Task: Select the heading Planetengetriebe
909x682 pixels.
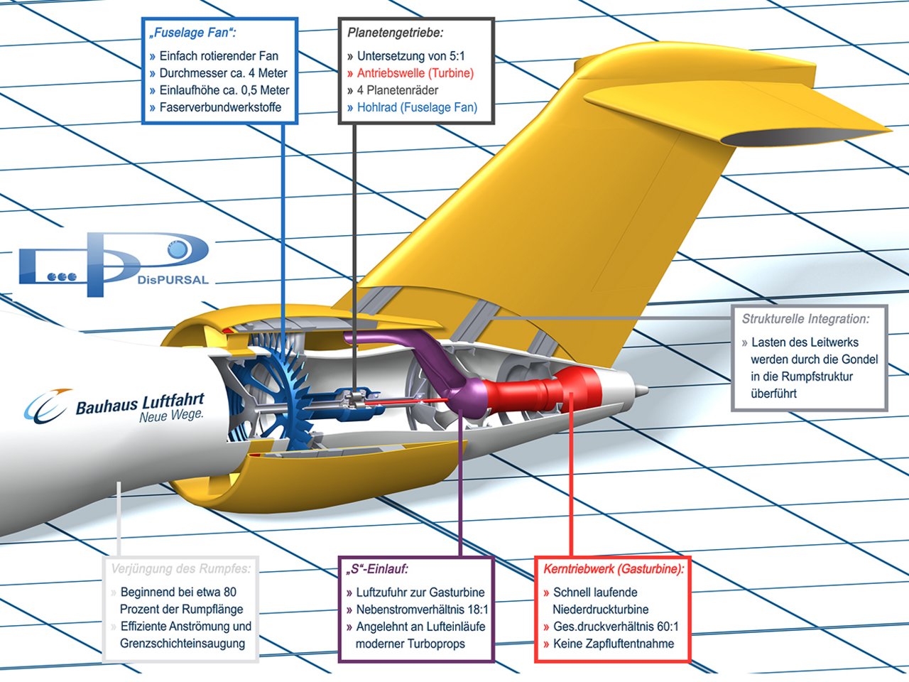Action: tap(395, 33)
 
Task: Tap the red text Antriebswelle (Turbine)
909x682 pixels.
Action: tap(415, 73)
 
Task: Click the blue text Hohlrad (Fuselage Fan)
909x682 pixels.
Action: tap(417, 108)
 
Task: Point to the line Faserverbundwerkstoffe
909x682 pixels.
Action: tap(220, 108)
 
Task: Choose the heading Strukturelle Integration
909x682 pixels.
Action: tap(805, 320)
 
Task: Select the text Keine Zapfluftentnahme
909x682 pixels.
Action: tap(614, 644)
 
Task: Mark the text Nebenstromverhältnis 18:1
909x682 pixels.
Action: tap(422, 610)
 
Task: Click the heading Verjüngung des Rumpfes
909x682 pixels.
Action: tap(181, 569)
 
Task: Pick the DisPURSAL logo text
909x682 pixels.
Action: tap(173, 280)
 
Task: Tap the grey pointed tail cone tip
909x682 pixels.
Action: tap(641, 390)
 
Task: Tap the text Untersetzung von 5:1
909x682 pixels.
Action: tap(410, 56)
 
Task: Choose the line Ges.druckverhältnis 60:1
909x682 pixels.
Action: tap(615, 627)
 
